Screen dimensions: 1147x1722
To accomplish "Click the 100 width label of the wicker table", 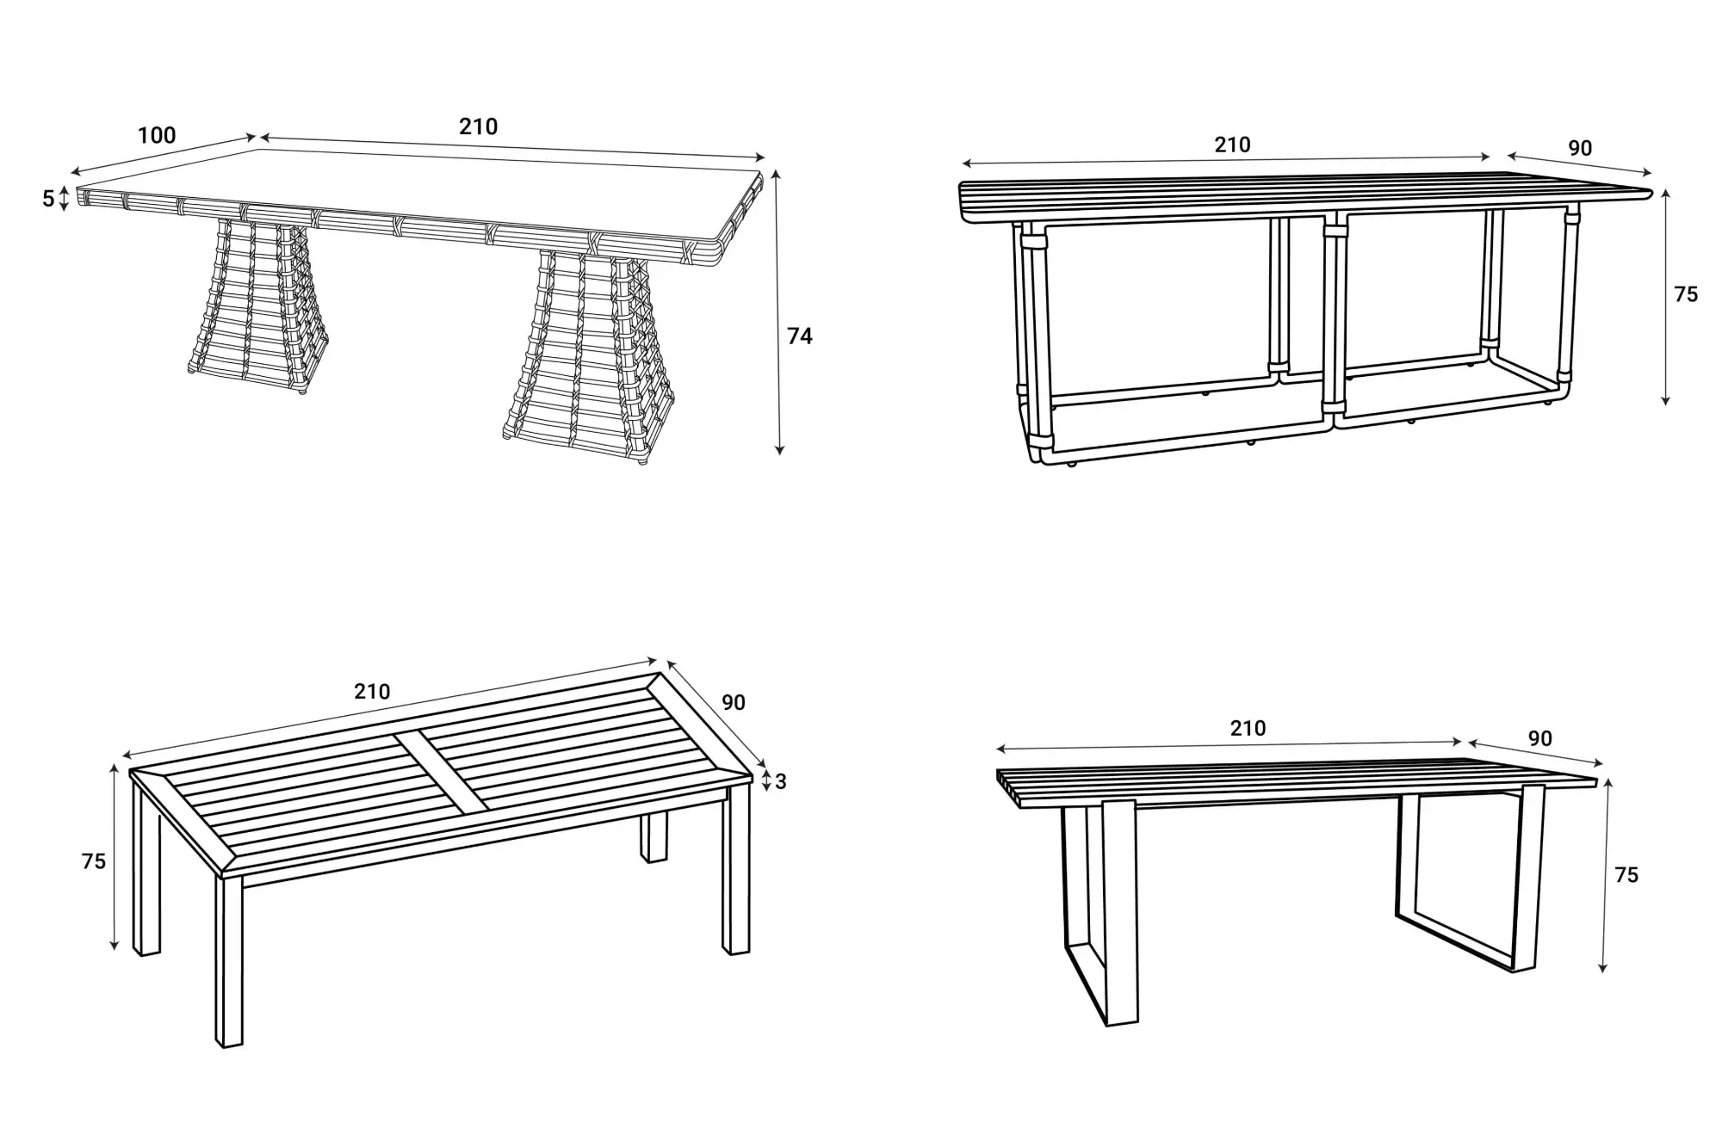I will (x=157, y=136).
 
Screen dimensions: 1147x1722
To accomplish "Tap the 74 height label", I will (x=799, y=336).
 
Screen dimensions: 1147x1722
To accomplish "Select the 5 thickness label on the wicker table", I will (x=49, y=199).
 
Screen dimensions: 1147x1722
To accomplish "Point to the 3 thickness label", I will (x=780, y=782).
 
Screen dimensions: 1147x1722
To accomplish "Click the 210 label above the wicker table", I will (x=478, y=127).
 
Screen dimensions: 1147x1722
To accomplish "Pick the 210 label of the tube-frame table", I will (x=1232, y=145).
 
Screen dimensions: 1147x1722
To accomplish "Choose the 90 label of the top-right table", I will (x=1579, y=149).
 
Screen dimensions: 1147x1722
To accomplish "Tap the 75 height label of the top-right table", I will (x=1685, y=295).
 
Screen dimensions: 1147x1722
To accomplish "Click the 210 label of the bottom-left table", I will (x=372, y=692).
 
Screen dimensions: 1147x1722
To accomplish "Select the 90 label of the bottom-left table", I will (x=733, y=703).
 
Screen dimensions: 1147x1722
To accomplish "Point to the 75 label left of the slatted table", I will (x=93, y=861).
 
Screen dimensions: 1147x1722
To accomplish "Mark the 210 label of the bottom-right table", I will (x=1248, y=729).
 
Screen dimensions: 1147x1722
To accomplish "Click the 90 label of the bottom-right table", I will (x=1539, y=739).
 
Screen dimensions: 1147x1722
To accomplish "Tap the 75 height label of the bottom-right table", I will (x=1626, y=875).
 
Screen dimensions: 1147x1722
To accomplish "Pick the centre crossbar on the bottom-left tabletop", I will (x=440, y=772).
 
